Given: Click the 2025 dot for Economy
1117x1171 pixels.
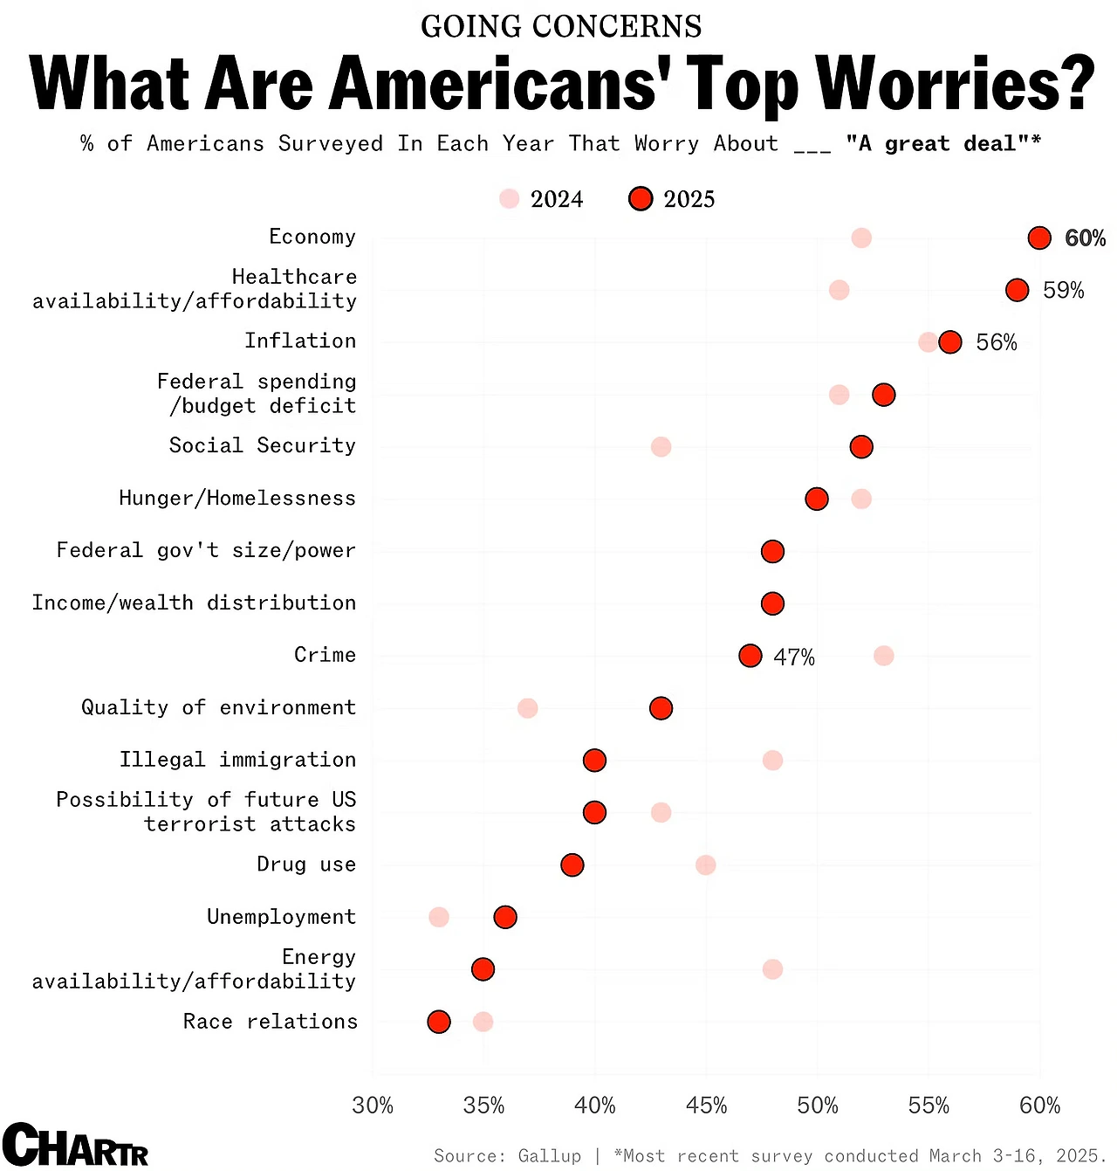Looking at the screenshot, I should pyautogui.click(x=1039, y=238).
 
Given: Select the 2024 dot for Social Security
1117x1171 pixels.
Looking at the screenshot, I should pyautogui.click(x=661, y=447).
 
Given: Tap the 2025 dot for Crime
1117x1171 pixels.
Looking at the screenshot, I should pyautogui.click(x=750, y=656).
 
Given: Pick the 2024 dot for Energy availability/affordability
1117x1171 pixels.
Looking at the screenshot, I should pyautogui.click(x=772, y=969).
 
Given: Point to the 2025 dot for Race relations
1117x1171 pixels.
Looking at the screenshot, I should pyautogui.click(x=439, y=1022).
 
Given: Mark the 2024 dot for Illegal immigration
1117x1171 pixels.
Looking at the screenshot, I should pyautogui.click(x=772, y=761).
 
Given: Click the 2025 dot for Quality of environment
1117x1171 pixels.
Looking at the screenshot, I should pyautogui.click(x=661, y=708).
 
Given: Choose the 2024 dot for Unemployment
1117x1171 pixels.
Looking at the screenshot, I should pyautogui.click(x=439, y=917).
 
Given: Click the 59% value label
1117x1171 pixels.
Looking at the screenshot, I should pyautogui.click(x=1063, y=291).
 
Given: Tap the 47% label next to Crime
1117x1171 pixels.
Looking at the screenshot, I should pyautogui.click(x=793, y=658).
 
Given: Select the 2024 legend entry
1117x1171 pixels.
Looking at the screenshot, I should pyautogui.click(x=542, y=199).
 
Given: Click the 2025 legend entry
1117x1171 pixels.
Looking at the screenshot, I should pyautogui.click(x=672, y=199).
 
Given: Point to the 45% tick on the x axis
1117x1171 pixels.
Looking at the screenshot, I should pyautogui.click(x=706, y=1106).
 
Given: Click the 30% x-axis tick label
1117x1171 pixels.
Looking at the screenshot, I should pyautogui.click(x=373, y=1106).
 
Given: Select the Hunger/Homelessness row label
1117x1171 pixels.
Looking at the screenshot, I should pyautogui.click(x=237, y=499).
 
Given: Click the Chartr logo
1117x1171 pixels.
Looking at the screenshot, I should pyautogui.click(x=75, y=1145).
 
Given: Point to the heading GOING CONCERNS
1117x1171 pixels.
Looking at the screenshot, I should pyautogui.click(x=561, y=26).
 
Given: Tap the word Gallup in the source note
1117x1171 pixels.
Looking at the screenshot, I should pyautogui.click(x=549, y=1156).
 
